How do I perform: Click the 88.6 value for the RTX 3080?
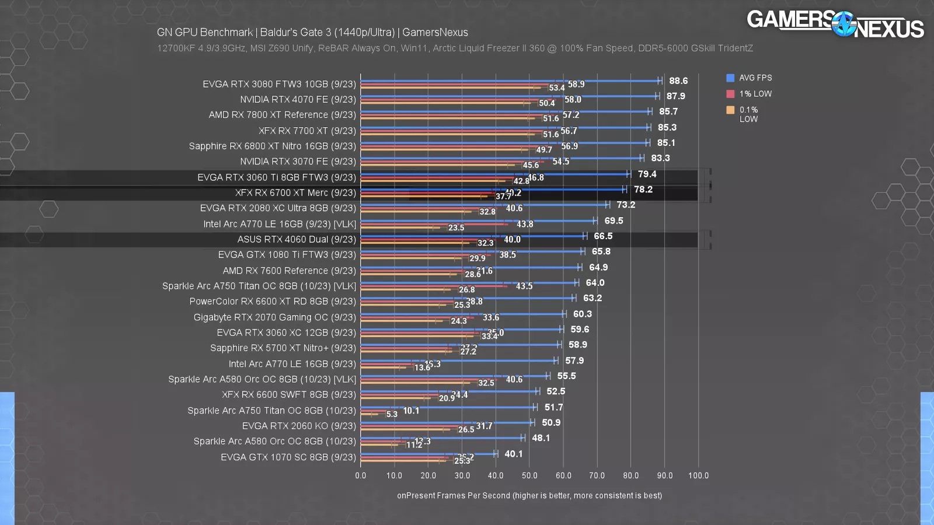coord(678,81)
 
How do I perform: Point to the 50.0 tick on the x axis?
coord(529,475)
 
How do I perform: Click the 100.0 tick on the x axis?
coord(698,475)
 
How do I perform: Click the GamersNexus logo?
coord(835,24)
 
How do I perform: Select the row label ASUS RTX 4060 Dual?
coord(296,239)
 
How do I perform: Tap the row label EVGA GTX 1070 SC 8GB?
coord(288,457)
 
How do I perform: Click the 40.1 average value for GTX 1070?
coord(513,454)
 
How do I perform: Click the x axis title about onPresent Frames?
coord(529,495)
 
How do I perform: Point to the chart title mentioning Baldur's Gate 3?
coord(312,33)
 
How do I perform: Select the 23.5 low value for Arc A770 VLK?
coord(456,228)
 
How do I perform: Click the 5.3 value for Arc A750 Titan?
coord(392,414)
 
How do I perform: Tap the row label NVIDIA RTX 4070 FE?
coord(298,99)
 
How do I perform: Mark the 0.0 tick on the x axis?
coord(361,475)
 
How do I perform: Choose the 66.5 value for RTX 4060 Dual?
coord(603,236)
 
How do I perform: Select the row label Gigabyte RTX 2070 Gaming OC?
coord(274,317)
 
